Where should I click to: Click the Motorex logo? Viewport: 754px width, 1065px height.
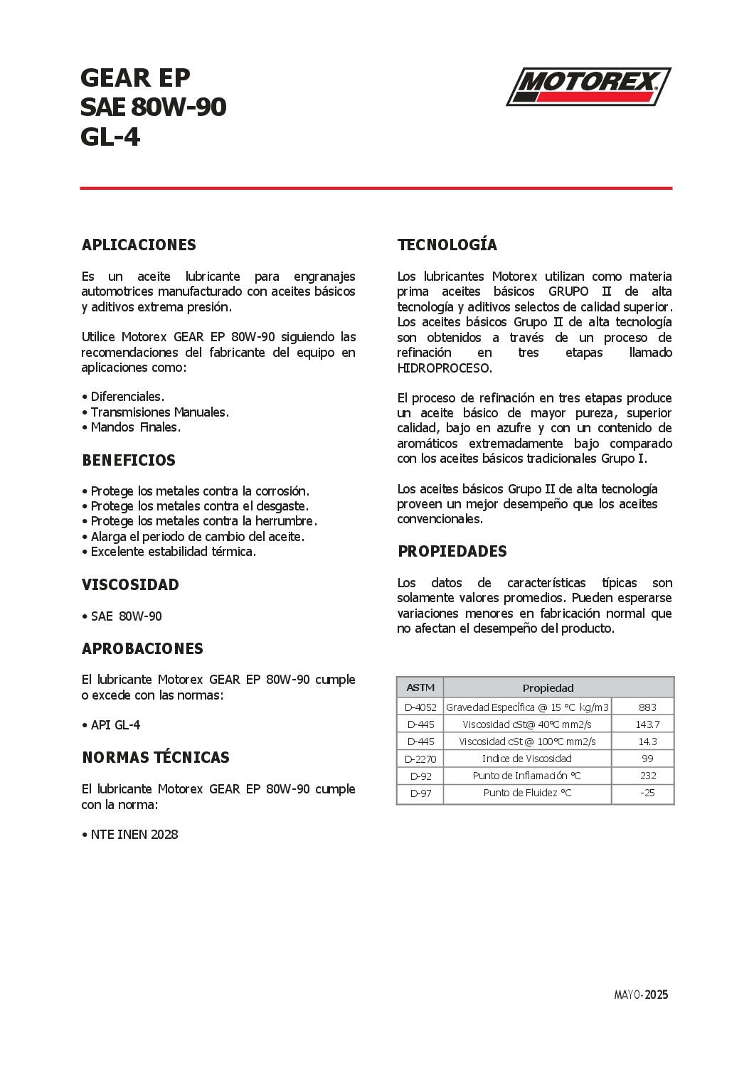click(588, 86)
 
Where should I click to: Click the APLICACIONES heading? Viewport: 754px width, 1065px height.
click(139, 245)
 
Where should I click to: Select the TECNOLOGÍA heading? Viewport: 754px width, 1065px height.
click(447, 245)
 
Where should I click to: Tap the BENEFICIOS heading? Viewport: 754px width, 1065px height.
click(129, 461)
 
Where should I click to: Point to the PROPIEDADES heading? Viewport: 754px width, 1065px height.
click(452, 552)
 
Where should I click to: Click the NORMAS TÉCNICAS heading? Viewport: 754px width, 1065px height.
click(156, 758)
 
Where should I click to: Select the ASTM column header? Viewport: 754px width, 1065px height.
click(420, 687)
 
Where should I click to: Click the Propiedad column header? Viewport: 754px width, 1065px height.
click(548, 688)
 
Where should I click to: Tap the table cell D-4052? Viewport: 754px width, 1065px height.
click(420, 707)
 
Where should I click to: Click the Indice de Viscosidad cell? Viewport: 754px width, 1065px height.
click(527, 759)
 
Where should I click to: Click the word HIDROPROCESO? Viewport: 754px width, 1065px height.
click(445, 368)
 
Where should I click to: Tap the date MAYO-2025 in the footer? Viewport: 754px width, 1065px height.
click(641, 995)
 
